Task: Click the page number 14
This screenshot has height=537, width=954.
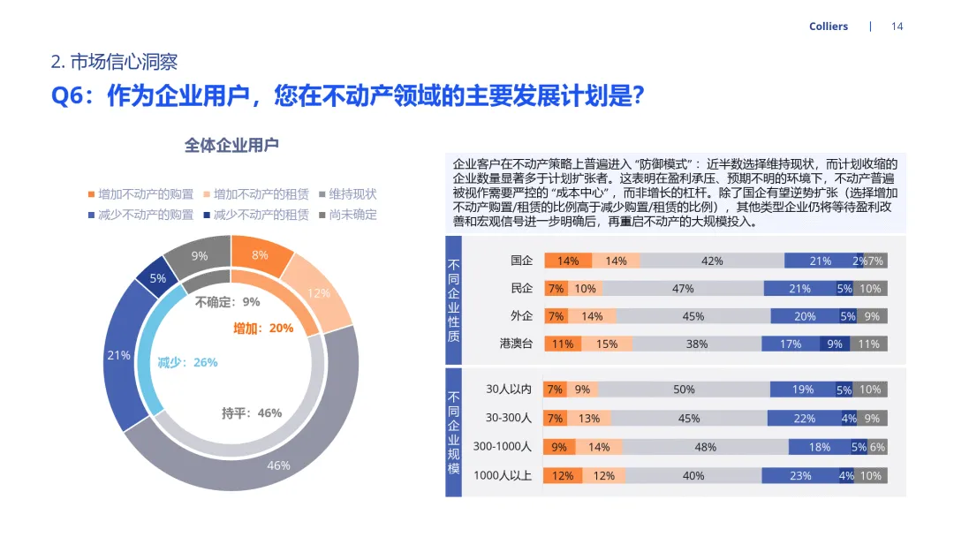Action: coord(897,26)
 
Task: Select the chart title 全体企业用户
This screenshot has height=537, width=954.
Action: coord(231,146)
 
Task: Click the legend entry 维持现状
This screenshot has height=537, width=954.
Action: coord(352,194)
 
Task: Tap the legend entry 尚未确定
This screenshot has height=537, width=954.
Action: coord(352,215)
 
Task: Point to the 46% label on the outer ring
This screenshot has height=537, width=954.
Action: coord(278,465)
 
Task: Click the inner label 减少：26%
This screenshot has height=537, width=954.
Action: coord(187,362)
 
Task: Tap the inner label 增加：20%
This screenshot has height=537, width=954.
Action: coord(263,328)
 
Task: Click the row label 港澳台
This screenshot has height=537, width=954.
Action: coord(517,344)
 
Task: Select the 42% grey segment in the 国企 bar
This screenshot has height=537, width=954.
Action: coord(712,261)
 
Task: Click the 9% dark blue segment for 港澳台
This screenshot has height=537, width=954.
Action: coord(834,344)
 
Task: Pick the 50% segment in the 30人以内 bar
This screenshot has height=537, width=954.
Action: coord(684,390)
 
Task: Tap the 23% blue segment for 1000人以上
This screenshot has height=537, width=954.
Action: coord(800,475)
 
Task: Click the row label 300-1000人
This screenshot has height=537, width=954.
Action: coord(502,447)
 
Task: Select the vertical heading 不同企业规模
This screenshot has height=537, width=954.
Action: coord(453,433)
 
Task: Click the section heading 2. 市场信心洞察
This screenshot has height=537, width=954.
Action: coord(115,62)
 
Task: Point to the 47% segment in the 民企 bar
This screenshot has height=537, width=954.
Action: coord(682,289)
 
